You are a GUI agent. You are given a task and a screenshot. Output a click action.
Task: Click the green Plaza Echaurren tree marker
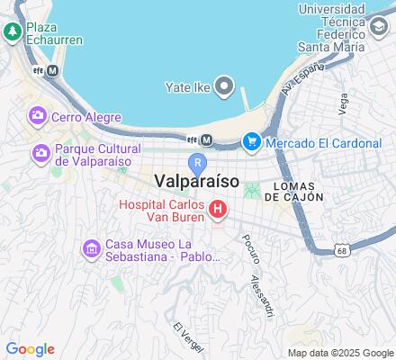13,32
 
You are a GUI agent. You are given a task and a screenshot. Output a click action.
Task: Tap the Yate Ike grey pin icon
224,87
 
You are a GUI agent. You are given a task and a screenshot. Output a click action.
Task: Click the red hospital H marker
218,211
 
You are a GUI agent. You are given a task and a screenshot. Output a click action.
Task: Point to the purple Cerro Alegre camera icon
38,116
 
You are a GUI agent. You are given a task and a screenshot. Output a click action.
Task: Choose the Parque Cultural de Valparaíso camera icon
40,154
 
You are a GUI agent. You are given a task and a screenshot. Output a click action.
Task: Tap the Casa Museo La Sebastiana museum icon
91,247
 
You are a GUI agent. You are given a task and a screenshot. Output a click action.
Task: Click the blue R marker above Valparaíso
198,163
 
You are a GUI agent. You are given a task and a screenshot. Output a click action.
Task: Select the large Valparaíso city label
195,181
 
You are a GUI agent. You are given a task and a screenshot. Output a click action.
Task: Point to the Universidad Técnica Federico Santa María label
333,23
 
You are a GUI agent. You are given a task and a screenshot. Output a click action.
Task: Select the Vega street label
343,104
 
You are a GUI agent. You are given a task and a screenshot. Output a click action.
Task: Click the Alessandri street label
262,294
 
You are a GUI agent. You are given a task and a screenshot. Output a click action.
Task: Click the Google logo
30,349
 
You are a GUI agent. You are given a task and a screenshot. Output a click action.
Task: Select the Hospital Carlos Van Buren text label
162,211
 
